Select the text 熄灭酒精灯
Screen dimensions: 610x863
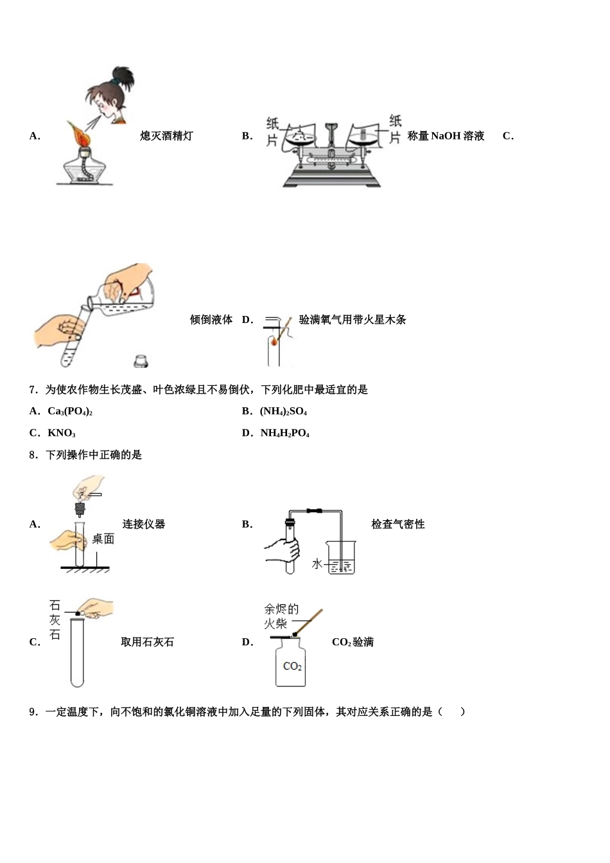pos(166,136)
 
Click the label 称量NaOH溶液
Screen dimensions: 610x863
pos(446,136)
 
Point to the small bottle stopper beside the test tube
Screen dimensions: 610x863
pos(141,361)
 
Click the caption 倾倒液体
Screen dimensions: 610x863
pos(211,320)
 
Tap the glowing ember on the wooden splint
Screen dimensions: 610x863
pos(275,342)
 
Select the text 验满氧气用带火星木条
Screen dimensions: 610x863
pos(353,320)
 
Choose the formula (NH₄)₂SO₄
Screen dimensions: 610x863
pos(283,412)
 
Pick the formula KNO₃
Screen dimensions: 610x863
pos(61,433)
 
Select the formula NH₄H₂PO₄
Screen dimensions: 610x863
pos(284,433)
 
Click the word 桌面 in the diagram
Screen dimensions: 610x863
pos(103,539)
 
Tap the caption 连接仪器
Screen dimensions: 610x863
pos(144,525)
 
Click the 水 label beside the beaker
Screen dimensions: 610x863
pos(317,564)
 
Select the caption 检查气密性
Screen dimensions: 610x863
pos(397,525)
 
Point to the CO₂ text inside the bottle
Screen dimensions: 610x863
pos(292,666)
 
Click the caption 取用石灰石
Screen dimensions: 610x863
pos(147,642)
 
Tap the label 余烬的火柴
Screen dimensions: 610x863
pos(281,616)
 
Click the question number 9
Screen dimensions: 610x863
pos(34,711)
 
